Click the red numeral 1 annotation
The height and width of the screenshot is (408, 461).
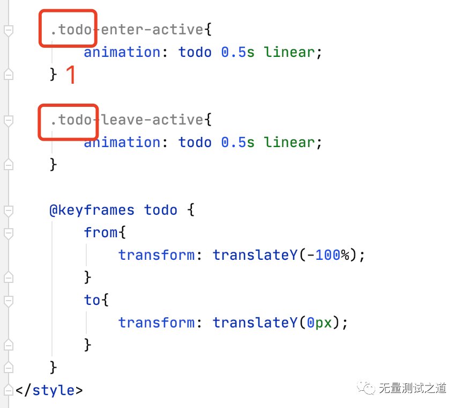coord(71,75)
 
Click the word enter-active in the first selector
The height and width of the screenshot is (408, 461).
coord(152,30)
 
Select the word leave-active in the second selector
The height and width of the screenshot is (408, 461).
coord(152,120)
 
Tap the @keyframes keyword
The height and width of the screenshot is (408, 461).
coord(92,210)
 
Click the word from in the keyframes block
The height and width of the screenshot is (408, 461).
coord(101,232)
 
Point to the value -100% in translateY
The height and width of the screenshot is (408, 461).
coord(329,255)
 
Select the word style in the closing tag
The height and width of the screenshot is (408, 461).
coord(53,390)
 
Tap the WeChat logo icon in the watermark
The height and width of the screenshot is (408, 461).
coord(366,388)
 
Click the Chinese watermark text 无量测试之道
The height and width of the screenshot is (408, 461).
coord(413,388)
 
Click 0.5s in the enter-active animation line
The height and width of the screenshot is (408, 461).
coord(237,52)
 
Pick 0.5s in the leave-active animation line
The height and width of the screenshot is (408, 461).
coord(237,142)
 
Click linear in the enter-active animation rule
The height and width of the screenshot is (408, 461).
coord(289,52)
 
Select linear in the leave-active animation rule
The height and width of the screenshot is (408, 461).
coord(289,142)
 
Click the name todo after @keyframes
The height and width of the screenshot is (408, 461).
coord(160,210)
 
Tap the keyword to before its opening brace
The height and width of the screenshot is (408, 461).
coord(92,300)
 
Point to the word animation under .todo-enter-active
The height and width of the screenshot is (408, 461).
coord(122,52)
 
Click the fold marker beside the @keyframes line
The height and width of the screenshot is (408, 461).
coord(9,211)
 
